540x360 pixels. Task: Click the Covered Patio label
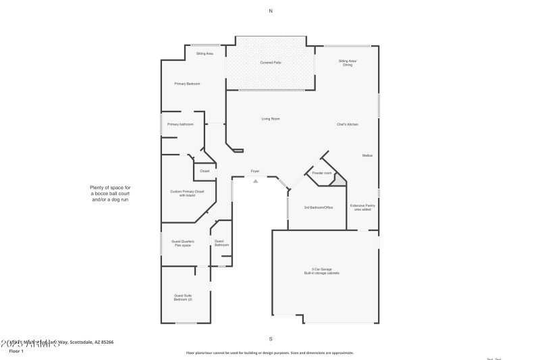click(271, 63)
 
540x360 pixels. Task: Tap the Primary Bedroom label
click(187, 84)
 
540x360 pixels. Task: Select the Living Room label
click(271, 119)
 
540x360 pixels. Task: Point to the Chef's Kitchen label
click(348, 125)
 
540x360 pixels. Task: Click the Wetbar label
click(367, 156)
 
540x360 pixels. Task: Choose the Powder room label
click(322, 174)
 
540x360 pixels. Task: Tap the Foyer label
click(255, 171)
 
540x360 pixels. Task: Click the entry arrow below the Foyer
click(255, 180)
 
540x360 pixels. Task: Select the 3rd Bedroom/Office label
click(318, 207)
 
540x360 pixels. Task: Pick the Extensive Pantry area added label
click(362, 207)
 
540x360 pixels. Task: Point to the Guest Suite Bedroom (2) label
click(183, 297)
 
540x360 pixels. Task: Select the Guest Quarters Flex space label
click(183, 243)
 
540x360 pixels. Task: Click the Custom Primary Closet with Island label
click(187, 193)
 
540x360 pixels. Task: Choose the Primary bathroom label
click(180, 124)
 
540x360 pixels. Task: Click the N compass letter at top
click(271, 11)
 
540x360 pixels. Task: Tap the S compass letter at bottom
click(271, 338)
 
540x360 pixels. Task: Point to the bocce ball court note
click(110, 194)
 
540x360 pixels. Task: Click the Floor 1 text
click(17, 351)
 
